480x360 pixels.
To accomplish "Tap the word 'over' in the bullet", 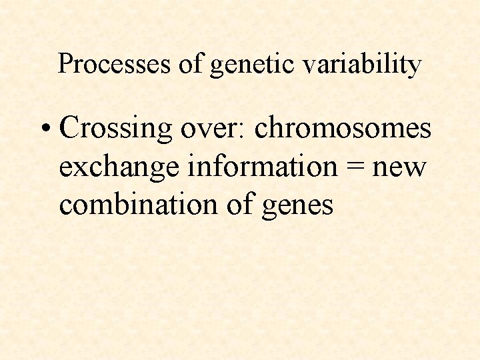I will point(212,128).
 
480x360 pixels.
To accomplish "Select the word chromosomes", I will point(343,127).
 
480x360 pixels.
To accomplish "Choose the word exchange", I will point(119,167).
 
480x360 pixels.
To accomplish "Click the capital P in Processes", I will point(65,64).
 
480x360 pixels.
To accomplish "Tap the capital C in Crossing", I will point(70,128).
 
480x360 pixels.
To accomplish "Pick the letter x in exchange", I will point(79,168).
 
